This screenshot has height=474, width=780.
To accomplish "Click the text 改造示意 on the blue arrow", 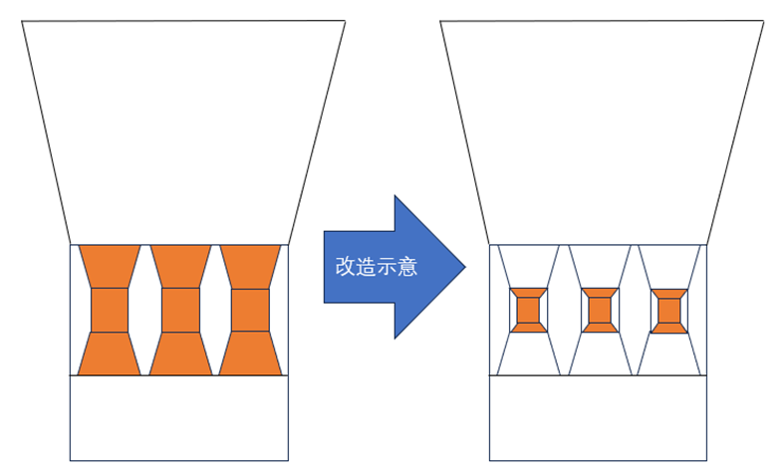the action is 377,267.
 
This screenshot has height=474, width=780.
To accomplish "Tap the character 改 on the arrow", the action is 346,267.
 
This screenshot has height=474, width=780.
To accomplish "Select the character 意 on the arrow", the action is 407,267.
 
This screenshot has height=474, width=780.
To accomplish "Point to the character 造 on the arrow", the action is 366,267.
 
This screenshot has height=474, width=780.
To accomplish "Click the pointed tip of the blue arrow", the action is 465,267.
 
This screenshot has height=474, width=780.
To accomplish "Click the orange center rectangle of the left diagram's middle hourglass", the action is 180,310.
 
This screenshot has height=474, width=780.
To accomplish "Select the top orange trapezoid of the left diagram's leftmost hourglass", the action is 110,267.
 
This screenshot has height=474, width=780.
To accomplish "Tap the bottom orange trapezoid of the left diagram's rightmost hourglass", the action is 250,354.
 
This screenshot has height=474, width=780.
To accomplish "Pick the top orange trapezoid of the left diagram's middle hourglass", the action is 180,267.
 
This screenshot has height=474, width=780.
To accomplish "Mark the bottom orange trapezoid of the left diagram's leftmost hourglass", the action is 110,354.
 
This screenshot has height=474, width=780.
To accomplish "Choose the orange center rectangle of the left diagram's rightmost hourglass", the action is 250,310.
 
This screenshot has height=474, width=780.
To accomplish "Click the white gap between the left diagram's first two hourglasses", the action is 144,310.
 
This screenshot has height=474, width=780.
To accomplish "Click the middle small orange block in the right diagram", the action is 600,310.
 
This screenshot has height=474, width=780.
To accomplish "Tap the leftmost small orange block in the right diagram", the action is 528,310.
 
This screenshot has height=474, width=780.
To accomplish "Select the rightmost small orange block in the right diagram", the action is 669,311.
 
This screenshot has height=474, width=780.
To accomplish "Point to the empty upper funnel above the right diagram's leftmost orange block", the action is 528,266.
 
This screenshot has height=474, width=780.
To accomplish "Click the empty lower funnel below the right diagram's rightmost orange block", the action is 669,355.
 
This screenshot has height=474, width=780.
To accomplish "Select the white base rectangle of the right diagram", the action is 598,418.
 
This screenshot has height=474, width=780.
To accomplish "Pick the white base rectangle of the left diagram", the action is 179,418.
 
